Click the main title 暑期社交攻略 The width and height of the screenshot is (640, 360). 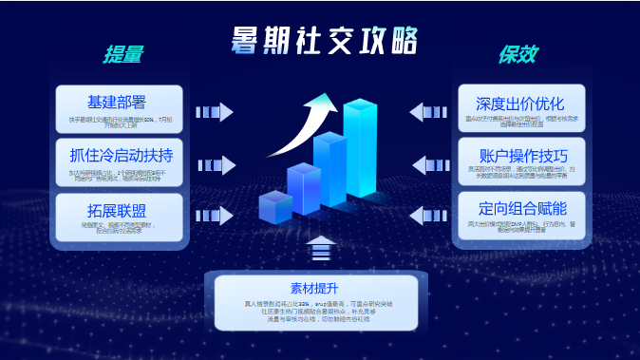point(323,40)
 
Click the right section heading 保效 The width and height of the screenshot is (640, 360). point(518,56)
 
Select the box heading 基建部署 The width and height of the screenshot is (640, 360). point(119,102)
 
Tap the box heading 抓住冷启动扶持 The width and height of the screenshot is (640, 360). point(119,155)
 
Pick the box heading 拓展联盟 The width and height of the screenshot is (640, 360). point(119,209)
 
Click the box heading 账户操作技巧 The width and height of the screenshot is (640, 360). point(520,155)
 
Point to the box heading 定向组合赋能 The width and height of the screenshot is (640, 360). point(520,208)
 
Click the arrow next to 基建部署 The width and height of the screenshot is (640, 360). point(214,112)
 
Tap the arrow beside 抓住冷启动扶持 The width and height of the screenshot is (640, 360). point(214,165)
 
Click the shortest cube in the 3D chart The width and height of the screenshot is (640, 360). point(274,207)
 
